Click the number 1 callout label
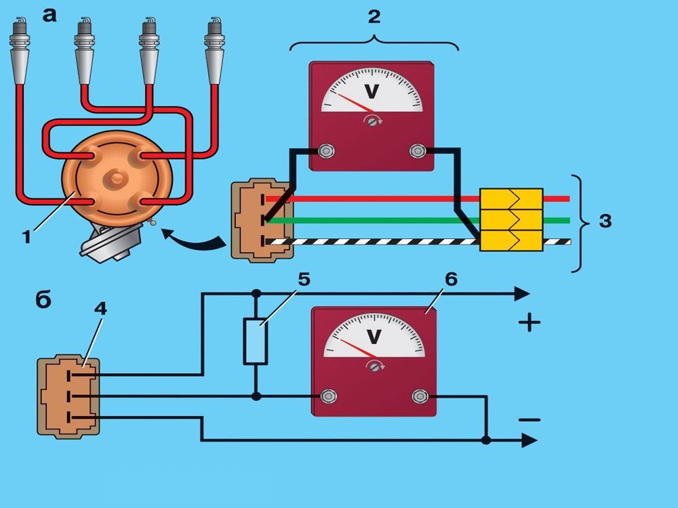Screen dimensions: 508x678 (26, 237)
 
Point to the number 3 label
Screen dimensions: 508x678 (605, 221)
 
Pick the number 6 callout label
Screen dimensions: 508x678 (452, 278)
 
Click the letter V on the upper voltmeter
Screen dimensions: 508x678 (372, 91)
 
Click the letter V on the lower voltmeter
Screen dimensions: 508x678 (374, 336)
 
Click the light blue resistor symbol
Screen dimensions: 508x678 (256, 342)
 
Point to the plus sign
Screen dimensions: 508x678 (529, 322)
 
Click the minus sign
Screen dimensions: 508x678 (530, 420)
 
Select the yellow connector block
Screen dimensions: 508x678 (511, 220)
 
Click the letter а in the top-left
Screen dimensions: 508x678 (49, 14)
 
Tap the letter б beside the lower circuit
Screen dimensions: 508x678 (43, 299)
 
